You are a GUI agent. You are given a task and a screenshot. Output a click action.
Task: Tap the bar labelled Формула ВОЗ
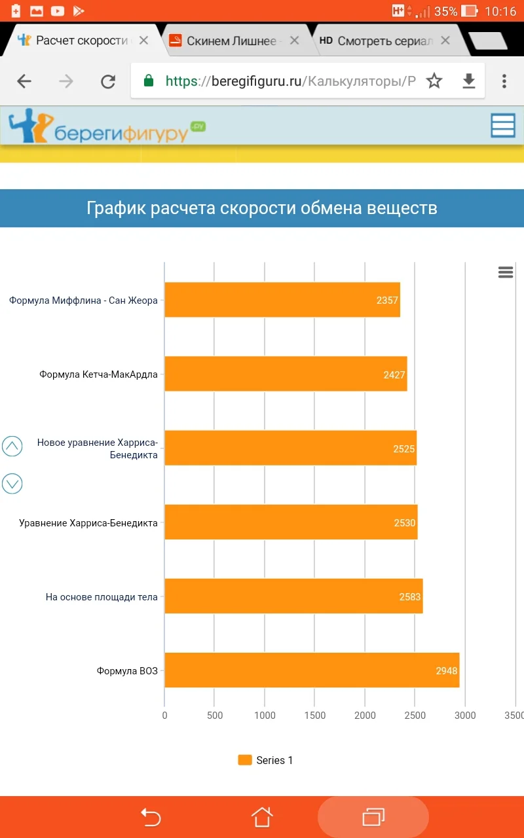point(312,670)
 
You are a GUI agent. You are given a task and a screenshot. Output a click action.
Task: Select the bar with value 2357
point(282,300)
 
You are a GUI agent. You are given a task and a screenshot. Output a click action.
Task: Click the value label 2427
point(394,375)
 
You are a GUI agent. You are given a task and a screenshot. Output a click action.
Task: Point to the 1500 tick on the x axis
point(314,716)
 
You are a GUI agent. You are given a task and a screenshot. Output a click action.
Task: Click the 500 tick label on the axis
point(215,716)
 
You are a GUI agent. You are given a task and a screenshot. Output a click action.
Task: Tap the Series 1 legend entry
point(266,760)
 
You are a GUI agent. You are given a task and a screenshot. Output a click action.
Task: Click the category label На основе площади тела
point(102,597)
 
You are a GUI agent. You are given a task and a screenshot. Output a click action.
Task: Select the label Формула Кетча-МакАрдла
point(98,375)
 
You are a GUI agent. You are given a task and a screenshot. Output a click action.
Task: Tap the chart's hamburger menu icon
point(506,272)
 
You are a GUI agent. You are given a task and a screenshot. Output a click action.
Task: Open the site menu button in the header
point(503,126)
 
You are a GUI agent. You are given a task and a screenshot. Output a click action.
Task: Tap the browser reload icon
point(107,81)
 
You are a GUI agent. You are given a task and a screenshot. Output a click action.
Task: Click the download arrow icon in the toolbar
point(469,81)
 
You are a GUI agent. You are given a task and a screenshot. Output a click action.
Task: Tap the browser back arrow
point(24,81)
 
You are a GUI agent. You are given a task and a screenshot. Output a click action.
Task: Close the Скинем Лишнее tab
point(294,41)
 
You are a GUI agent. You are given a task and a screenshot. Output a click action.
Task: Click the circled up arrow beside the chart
point(12,446)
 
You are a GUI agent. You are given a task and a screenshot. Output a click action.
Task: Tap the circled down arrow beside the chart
point(12,484)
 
